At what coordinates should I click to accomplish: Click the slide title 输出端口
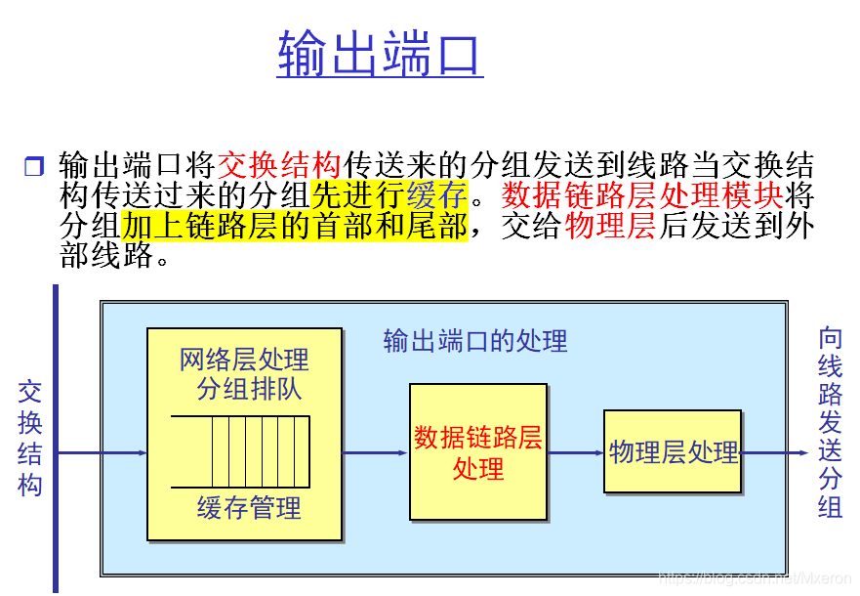(380, 53)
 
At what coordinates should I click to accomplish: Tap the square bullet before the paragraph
(34, 166)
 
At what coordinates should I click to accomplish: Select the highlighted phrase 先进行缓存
(389, 193)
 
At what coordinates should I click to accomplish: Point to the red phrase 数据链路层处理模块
(642, 193)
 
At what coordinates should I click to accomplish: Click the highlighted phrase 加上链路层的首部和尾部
(294, 225)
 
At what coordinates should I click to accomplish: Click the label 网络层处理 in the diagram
(244, 360)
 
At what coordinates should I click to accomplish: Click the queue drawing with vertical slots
(240, 451)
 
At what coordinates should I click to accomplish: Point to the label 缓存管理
(249, 508)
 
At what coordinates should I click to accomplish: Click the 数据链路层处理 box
(477, 451)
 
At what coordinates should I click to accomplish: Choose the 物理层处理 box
(673, 451)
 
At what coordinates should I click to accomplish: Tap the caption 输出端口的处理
(475, 341)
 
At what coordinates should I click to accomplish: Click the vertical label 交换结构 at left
(30, 438)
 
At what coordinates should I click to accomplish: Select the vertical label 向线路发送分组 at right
(830, 422)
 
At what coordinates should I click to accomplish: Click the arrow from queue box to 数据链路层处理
(375, 452)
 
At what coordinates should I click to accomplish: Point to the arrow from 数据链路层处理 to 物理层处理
(576, 452)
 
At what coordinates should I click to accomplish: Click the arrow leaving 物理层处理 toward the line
(774, 452)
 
